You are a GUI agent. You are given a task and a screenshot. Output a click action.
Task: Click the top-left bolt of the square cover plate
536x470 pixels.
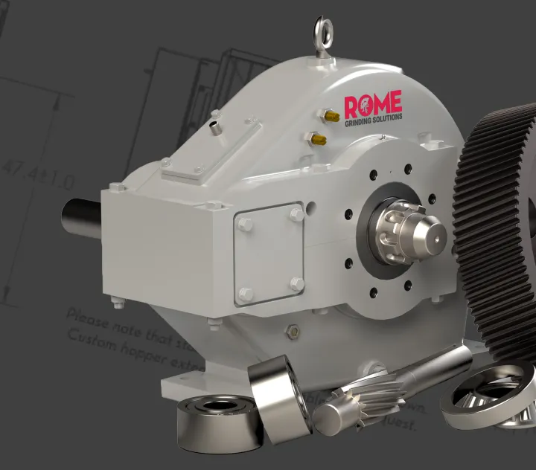click(x=246, y=225)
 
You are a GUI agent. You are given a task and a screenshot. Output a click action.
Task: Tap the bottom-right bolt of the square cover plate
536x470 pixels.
click(x=296, y=283)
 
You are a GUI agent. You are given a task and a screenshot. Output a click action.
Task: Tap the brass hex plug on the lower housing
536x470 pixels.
click(x=293, y=330)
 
